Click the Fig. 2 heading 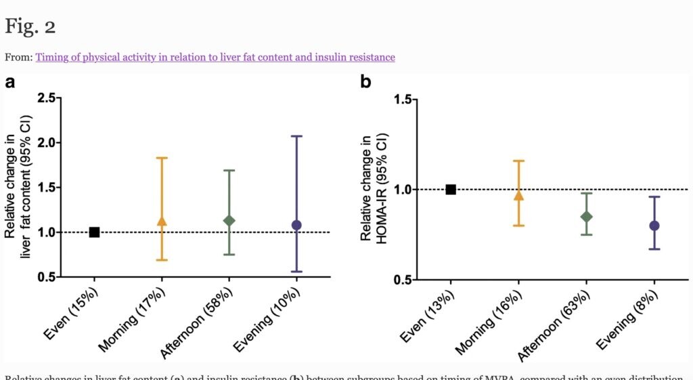(30, 27)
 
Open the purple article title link (215, 57)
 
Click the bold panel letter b (365, 83)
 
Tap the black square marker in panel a (95, 232)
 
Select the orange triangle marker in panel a (161, 221)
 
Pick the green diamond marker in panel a (229, 221)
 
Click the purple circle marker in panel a (296, 225)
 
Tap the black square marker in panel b (451, 190)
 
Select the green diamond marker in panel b (587, 217)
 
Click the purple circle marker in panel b (654, 226)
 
